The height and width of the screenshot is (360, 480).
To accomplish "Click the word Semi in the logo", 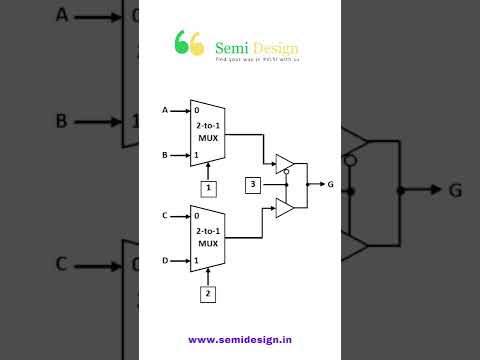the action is pyautogui.click(x=228, y=47).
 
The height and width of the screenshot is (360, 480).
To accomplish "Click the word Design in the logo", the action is pyautogui.click(x=274, y=47).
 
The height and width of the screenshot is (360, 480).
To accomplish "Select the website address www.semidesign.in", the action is pyautogui.click(x=240, y=339).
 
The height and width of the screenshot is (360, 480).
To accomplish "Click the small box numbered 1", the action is pyautogui.click(x=208, y=188).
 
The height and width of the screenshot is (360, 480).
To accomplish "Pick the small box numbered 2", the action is pyautogui.click(x=208, y=294).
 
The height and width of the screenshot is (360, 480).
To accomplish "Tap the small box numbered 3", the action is pyautogui.click(x=254, y=185).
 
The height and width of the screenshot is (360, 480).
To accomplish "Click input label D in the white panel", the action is pyautogui.click(x=164, y=261).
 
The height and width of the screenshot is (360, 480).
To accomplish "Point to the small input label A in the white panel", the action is pyautogui.click(x=164, y=109).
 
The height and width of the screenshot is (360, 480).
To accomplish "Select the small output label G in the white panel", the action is pyautogui.click(x=330, y=185).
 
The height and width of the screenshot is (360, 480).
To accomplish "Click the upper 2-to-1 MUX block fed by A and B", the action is pyautogui.click(x=207, y=132).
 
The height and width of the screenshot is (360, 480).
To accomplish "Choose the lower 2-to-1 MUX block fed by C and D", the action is pyautogui.click(x=207, y=238).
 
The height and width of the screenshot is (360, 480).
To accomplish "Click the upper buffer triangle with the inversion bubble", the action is pyautogui.click(x=284, y=162).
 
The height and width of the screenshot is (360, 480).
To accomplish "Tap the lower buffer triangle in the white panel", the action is pyautogui.click(x=284, y=208).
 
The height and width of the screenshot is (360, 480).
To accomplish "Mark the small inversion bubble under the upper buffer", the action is pyautogui.click(x=286, y=172).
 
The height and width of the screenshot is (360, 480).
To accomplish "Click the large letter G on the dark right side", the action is pyautogui.click(x=455, y=190).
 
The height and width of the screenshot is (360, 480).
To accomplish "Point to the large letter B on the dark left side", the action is pyautogui.click(x=61, y=121).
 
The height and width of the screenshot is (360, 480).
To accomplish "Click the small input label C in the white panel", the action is pyautogui.click(x=164, y=215).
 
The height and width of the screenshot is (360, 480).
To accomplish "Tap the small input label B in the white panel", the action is pyautogui.click(x=164, y=155).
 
